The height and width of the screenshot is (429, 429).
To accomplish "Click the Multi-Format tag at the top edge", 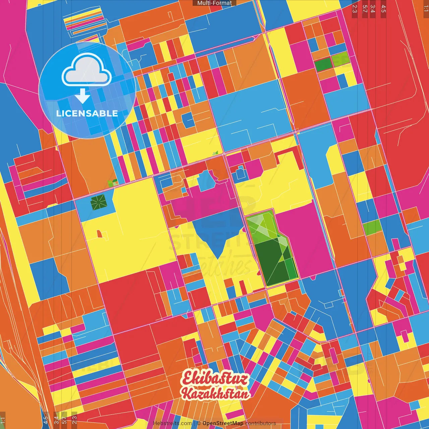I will pos(214,3).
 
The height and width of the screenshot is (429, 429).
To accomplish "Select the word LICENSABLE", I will pos(87,113).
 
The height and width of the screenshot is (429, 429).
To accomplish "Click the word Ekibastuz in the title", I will pos(216,379).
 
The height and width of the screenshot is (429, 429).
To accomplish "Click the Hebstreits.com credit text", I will pos(172,423).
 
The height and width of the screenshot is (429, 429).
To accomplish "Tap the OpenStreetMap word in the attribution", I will pos(223,423).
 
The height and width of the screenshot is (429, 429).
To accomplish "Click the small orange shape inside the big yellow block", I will pos(99,234).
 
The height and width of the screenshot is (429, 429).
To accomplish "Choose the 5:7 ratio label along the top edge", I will pos(365,8).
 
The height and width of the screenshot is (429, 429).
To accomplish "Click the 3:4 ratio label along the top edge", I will pos(373,8).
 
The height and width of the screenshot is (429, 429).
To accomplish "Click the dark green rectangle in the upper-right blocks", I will pos(323,64).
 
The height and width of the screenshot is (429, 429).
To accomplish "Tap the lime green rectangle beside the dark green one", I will pos(341,61).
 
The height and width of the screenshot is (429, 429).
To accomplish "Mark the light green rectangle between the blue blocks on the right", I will pos(372,228).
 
